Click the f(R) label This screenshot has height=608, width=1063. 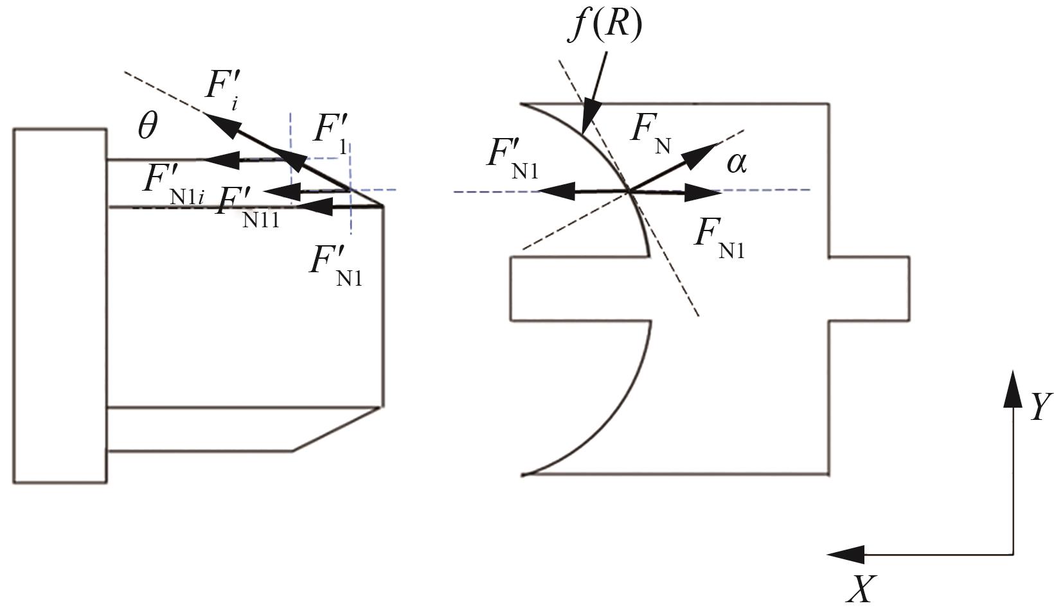coord(604,27)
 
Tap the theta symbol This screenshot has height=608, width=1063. coord(147,126)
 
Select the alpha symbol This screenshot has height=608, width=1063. coord(737,162)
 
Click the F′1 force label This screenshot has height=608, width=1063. coord(332,132)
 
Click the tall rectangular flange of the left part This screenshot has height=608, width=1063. coord(60,305)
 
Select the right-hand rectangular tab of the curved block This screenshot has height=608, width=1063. coord(868,288)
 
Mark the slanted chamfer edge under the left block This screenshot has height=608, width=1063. coord(338,428)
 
